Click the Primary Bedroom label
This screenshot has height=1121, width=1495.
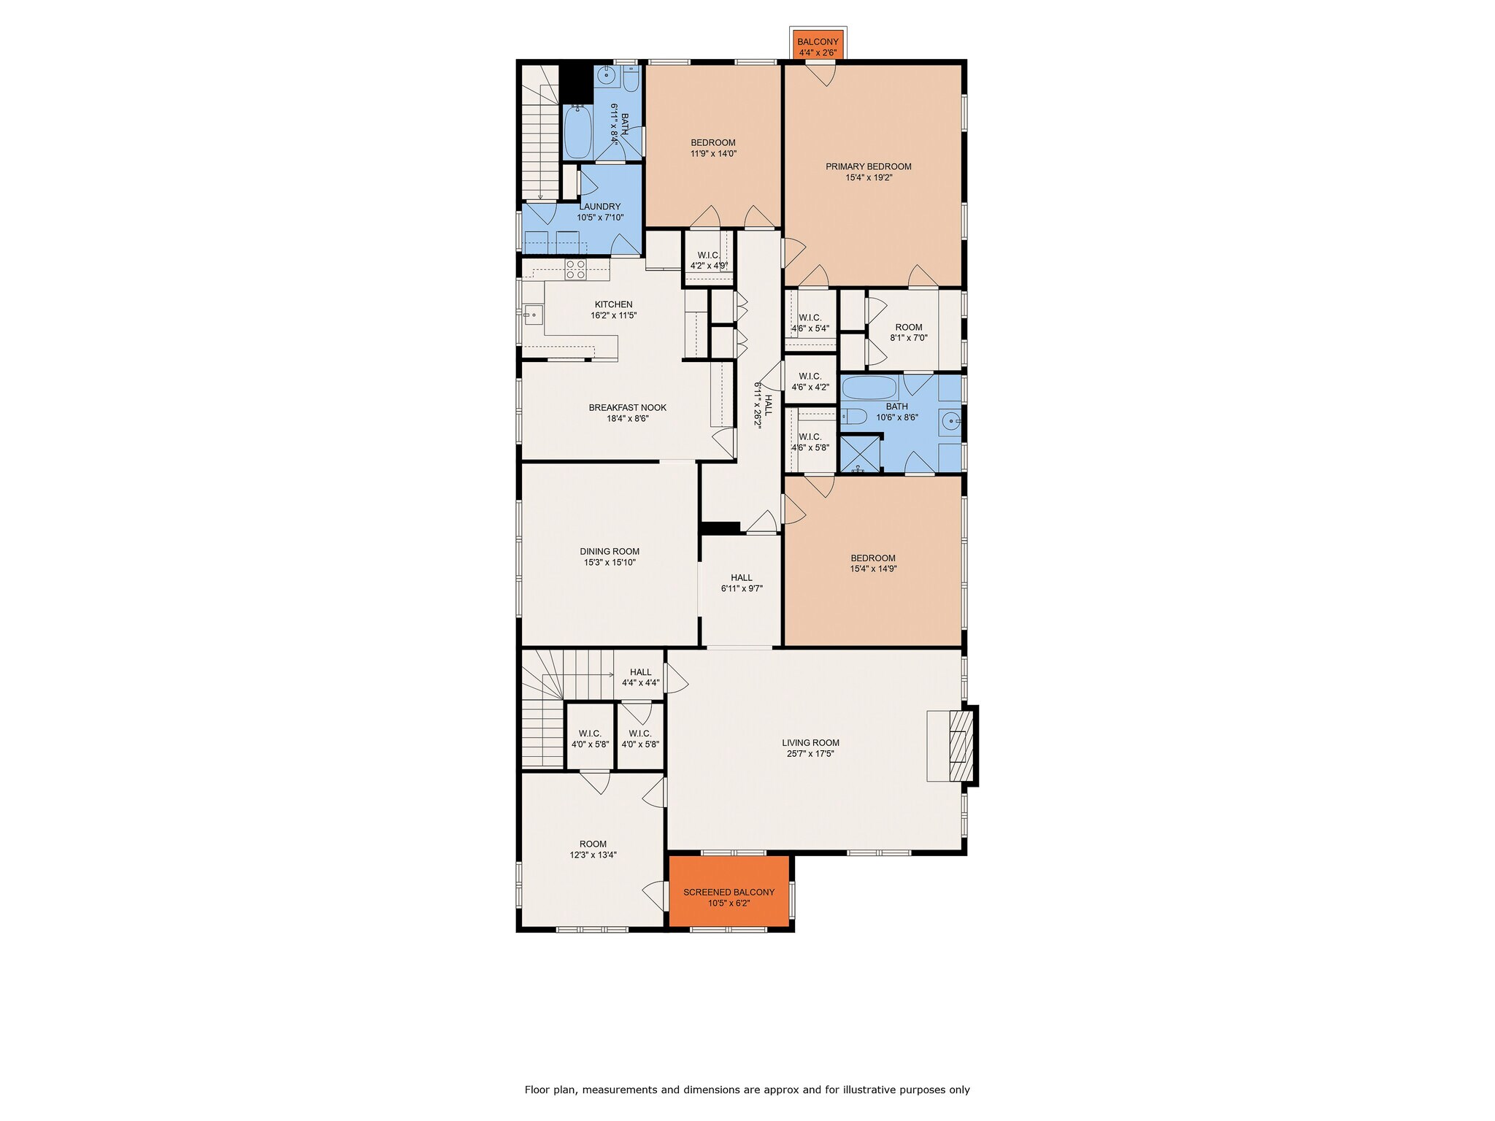tap(868, 166)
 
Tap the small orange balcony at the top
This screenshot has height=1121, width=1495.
tap(818, 45)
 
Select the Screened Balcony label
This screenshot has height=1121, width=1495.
tap(729, 892)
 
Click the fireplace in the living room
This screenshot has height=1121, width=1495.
tap(961, 746)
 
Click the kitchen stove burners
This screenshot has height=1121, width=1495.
tap(575, 269)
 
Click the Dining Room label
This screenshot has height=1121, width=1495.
tap(610, 552)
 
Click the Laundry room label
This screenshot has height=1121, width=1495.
tap(600, 207)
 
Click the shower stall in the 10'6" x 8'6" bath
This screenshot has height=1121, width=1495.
tap(860, 454)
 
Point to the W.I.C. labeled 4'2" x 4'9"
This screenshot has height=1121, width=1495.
tap(708, 261)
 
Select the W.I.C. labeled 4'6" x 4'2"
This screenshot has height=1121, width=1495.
tap(810, 382)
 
